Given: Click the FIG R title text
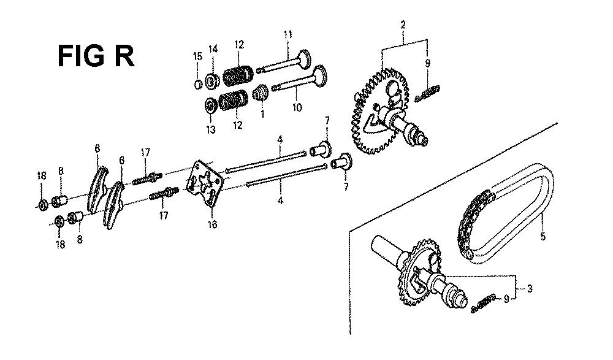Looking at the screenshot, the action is (x=96, y=56).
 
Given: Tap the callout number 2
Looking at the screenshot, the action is (x=403, y=25).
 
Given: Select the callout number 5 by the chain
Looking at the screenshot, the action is (x=543, y=236).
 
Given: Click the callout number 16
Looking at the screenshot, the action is (x=212, y=224).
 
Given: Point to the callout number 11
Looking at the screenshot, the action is (x=287, y=34).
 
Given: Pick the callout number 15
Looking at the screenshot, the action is (x=198, y=56).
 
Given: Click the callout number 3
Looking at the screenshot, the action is (x=530, y=289).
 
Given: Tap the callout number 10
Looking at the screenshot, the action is (x=297, y=107).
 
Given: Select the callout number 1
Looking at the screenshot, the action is (x=262, y=114).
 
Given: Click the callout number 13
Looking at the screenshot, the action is (x=211, y=129).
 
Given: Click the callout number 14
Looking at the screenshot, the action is (x=213, y=49).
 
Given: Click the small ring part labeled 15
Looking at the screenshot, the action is (x=199, y=84).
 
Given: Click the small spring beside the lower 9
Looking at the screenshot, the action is (x=484, y=302).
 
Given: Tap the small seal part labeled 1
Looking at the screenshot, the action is (x=259, y=93).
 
